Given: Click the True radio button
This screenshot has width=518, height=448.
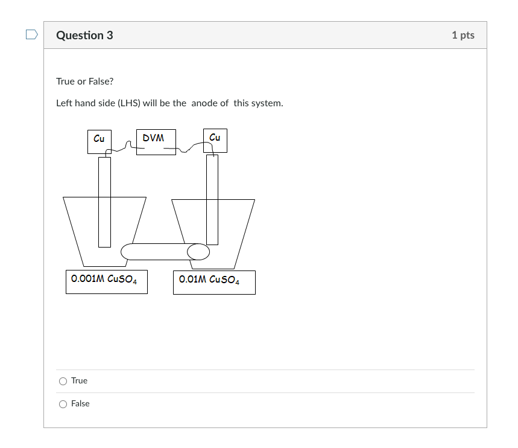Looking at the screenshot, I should click(x=63, y=381).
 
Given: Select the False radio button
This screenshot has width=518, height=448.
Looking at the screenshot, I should click(x=63, y=404).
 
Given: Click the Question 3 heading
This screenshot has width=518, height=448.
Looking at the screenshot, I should click(x=84, y=35).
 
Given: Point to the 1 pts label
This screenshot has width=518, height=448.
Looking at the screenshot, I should click(x=463, y=35).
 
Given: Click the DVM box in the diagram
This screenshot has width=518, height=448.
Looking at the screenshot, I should click(x=156, y=142).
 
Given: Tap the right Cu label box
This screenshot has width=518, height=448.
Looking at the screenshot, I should click(x=215, y=141).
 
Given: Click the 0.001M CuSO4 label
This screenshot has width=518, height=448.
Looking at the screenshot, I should click(x=106, y=281).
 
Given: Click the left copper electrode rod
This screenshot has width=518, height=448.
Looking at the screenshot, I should click(x=104, y=202).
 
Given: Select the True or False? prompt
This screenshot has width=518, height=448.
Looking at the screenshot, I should click(x=84, y=81).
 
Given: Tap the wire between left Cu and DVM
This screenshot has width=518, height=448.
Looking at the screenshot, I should click(x=124, y=147).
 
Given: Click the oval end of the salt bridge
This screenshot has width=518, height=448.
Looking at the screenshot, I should click(x=198, y=251).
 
